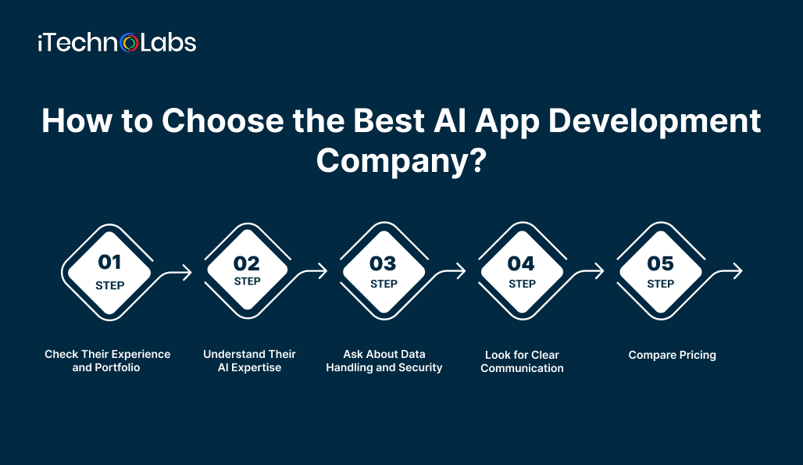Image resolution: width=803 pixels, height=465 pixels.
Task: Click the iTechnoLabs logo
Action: tap(116, 42)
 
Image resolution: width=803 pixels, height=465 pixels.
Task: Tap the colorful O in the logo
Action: tap(130, 42)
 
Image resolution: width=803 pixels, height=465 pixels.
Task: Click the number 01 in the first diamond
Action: tap(109, 263)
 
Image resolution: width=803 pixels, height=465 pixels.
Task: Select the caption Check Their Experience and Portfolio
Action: tap(108, 361)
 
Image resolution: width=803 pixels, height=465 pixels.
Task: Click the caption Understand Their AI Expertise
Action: tap(249, 361)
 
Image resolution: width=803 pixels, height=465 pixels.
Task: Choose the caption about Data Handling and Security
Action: tap(384, 361)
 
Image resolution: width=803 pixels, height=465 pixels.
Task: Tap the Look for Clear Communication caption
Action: tap(522, 362)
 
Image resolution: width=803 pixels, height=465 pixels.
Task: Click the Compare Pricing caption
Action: tap(672, 355)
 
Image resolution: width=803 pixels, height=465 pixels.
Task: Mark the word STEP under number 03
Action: tap(384, 284)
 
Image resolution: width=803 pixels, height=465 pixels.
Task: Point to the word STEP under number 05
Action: tap(660, 284)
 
